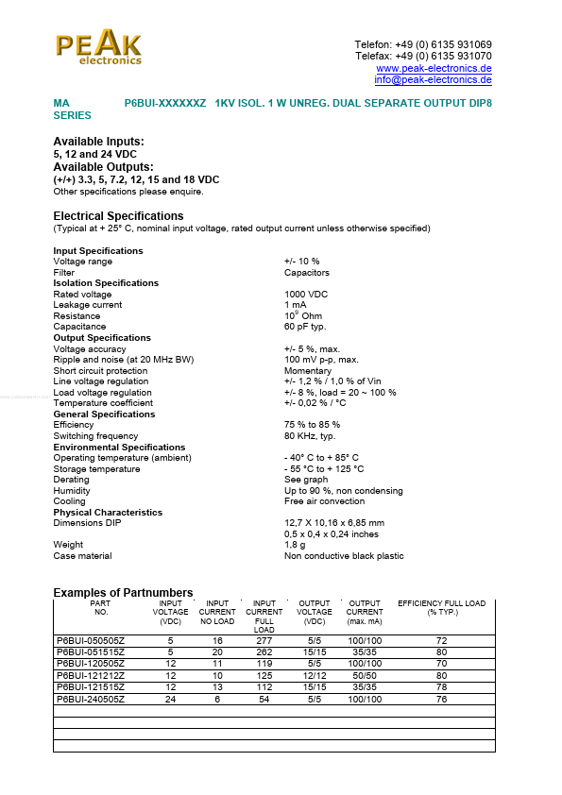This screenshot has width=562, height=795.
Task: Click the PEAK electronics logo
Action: [x=98, y=48]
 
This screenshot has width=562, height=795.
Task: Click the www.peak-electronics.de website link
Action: [x=434, y=68]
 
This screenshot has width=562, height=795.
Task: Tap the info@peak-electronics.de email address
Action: [x=433, y=79]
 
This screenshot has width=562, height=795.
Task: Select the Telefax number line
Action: [x=423, y=57]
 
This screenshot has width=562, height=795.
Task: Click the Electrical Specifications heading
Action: [x=118, y=216]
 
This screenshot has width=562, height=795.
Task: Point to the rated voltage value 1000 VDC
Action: [x=306, y=295]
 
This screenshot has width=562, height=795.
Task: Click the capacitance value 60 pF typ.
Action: [x=305, y=327]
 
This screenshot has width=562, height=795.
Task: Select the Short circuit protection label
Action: [x=100, y=371]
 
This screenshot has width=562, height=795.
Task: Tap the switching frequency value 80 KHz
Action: [x=310, y=436]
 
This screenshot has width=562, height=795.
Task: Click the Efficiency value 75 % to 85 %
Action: [x=312, y=425]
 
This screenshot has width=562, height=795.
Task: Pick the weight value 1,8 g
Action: [x=295, y=545]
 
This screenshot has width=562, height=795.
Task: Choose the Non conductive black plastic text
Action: [x=344, y=556]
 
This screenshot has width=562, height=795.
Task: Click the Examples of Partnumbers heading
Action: [x=123, y=592]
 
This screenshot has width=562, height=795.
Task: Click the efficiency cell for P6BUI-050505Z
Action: [x=441, y=641]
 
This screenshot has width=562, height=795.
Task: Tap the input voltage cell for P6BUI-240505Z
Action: [x=171, y=700]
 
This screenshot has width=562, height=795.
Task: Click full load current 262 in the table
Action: [x=264, y=652]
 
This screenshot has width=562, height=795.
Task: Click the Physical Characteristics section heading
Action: [x=108, y=513]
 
